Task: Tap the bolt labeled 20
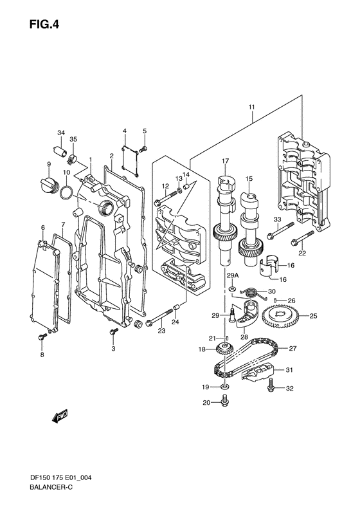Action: [224, 402]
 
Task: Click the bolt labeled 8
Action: [42, 335]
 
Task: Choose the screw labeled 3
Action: [113, 331]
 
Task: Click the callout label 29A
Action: [232, 275]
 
